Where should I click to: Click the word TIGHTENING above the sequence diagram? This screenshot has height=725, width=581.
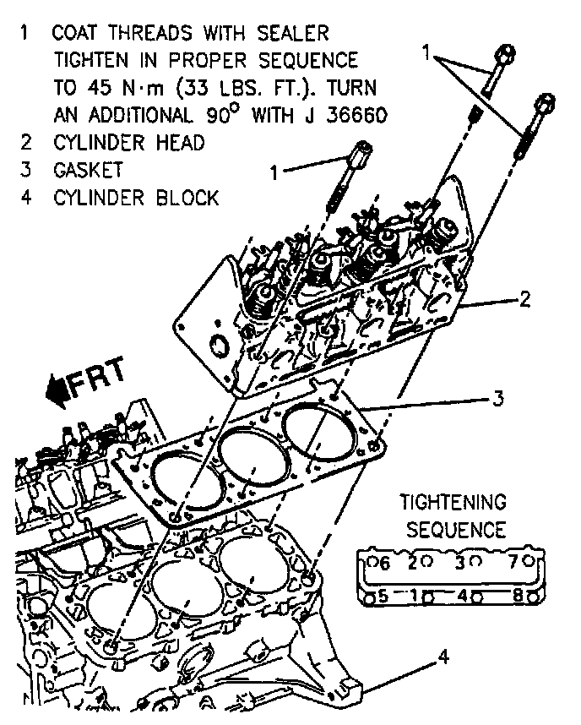coord(453,503)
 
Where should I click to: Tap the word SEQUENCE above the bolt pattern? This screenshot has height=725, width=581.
coord(456,531)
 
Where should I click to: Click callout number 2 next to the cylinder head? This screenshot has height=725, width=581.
coord(524,298)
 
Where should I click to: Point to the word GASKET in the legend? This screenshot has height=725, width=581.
coord(88,170)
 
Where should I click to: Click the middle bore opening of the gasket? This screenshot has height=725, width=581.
coord(251,461)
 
